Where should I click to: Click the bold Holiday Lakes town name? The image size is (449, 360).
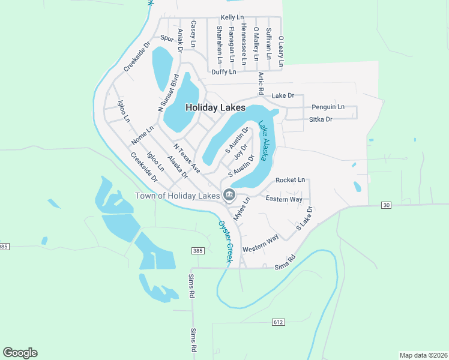click(x=215, y=107)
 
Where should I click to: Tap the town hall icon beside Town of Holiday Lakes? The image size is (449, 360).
click(x=229, y=194)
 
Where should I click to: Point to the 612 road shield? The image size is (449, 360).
click(x=278, y=322)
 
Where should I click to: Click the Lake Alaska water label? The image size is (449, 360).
click(x=267, y=142)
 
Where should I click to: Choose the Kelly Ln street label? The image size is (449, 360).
click(x=232, y=18)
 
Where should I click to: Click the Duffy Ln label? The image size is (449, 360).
click(x=223, y=72)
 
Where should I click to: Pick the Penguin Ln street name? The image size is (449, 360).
click(x=328, y=107)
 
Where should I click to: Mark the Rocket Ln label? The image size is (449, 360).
click(x=291, y=180)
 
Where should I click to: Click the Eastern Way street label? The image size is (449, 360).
click(x=284, y=199)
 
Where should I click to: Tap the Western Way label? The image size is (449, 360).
click(x=261, y=244)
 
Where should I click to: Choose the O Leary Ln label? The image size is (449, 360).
click(x=281, y=50)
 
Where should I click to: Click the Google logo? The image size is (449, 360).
click(x=20, y=353)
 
